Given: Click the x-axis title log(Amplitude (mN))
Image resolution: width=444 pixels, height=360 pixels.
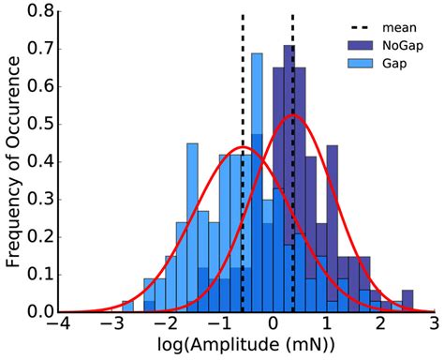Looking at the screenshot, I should (x=245, y=348).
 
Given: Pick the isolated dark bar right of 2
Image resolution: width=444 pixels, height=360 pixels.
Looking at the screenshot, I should (x=407, y=300).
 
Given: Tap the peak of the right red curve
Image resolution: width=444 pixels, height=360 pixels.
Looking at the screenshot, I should (x=293, y=114).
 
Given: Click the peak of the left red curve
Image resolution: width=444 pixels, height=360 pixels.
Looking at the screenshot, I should (x=243, y=148).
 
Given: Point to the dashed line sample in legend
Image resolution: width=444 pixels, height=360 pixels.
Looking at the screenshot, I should (x=361, y=28).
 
